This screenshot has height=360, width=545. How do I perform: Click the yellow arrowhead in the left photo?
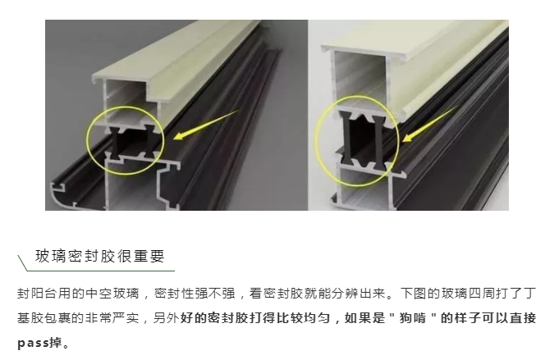coord(179,135)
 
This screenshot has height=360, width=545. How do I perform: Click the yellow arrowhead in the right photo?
coord(407,137)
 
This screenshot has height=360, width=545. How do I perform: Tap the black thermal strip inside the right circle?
coord(362,140)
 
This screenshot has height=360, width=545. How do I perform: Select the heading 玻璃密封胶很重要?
coord(100,256)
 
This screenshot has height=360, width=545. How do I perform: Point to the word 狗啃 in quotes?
coord(413,317)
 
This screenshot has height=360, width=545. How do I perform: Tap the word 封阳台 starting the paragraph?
coord(37,294)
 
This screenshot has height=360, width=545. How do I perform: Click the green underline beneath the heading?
coord(101,271)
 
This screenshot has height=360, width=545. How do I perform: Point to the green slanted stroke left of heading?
coord(23,262)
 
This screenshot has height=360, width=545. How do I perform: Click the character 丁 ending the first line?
coord(529,294)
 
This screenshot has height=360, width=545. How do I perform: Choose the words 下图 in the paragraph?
coord(413,294)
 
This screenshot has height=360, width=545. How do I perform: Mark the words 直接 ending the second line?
coord(522,317)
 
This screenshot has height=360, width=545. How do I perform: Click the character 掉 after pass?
coord(56,343)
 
